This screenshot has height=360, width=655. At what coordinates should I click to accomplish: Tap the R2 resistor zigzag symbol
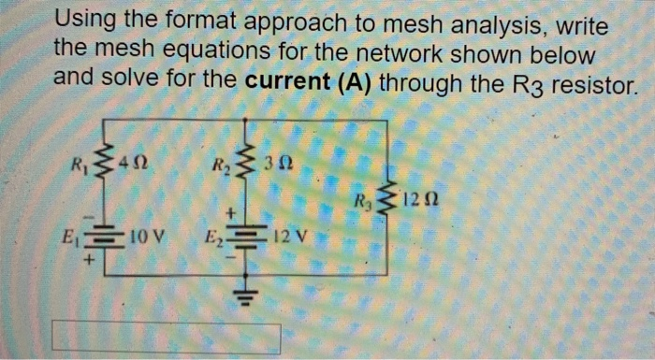point(245,169)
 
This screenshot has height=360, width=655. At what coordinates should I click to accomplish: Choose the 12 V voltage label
point(284,234)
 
